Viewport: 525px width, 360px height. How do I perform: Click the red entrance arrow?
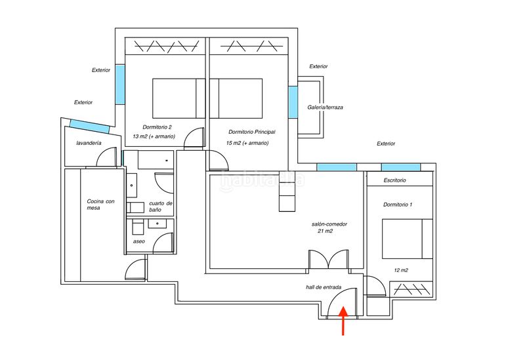pyautogui.click(x=343, y=321)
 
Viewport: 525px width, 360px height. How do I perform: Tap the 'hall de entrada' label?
pyautogui.click(x=324, y=287)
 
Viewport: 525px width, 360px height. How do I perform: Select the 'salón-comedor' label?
pyautogui.click(x=329, y=224)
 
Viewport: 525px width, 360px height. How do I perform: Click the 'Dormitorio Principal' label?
pyautogui.click(x=252, y=132)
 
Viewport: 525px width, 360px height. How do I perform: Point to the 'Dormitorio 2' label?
pyautogui.click(x=157, y=127)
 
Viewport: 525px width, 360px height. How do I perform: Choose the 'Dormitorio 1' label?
pyautogui.click(x=398, y=205)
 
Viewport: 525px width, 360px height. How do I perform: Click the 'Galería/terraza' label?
pyautogui.click(x=325, y=108)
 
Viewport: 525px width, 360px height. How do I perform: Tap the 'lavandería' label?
pyautogui.click(x=89, y=143)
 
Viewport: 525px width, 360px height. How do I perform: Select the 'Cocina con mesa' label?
pyautogui.click(x=100, y=205)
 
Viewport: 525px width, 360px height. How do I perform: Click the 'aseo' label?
pyautogui.click(x=139, y=241)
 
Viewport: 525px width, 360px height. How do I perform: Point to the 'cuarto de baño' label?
pyautogui.click(x=160, y=207)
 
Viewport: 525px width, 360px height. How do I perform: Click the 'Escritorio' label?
pyautogui.click(x=395, y=180)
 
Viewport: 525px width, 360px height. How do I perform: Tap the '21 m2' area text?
pyautogui.click(x=325, y=231)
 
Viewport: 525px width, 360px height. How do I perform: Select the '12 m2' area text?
pyautogui.click(x=401, y=270)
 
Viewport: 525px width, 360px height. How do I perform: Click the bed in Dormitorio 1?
pyautogui.click(x=408, y=239)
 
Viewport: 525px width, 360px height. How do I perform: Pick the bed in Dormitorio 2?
pyautogui.click(x=178, y=98)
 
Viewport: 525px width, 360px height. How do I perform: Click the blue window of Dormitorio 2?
pyautogui.click(x=120, y=85)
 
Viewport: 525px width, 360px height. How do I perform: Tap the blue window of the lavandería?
pyautogui.click(x=90, y=127)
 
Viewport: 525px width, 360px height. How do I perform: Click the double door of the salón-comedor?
pyautogui.click(x=329, y=259)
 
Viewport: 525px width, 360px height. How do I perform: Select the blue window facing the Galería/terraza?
pyautogui.click(x=293, y=102)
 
